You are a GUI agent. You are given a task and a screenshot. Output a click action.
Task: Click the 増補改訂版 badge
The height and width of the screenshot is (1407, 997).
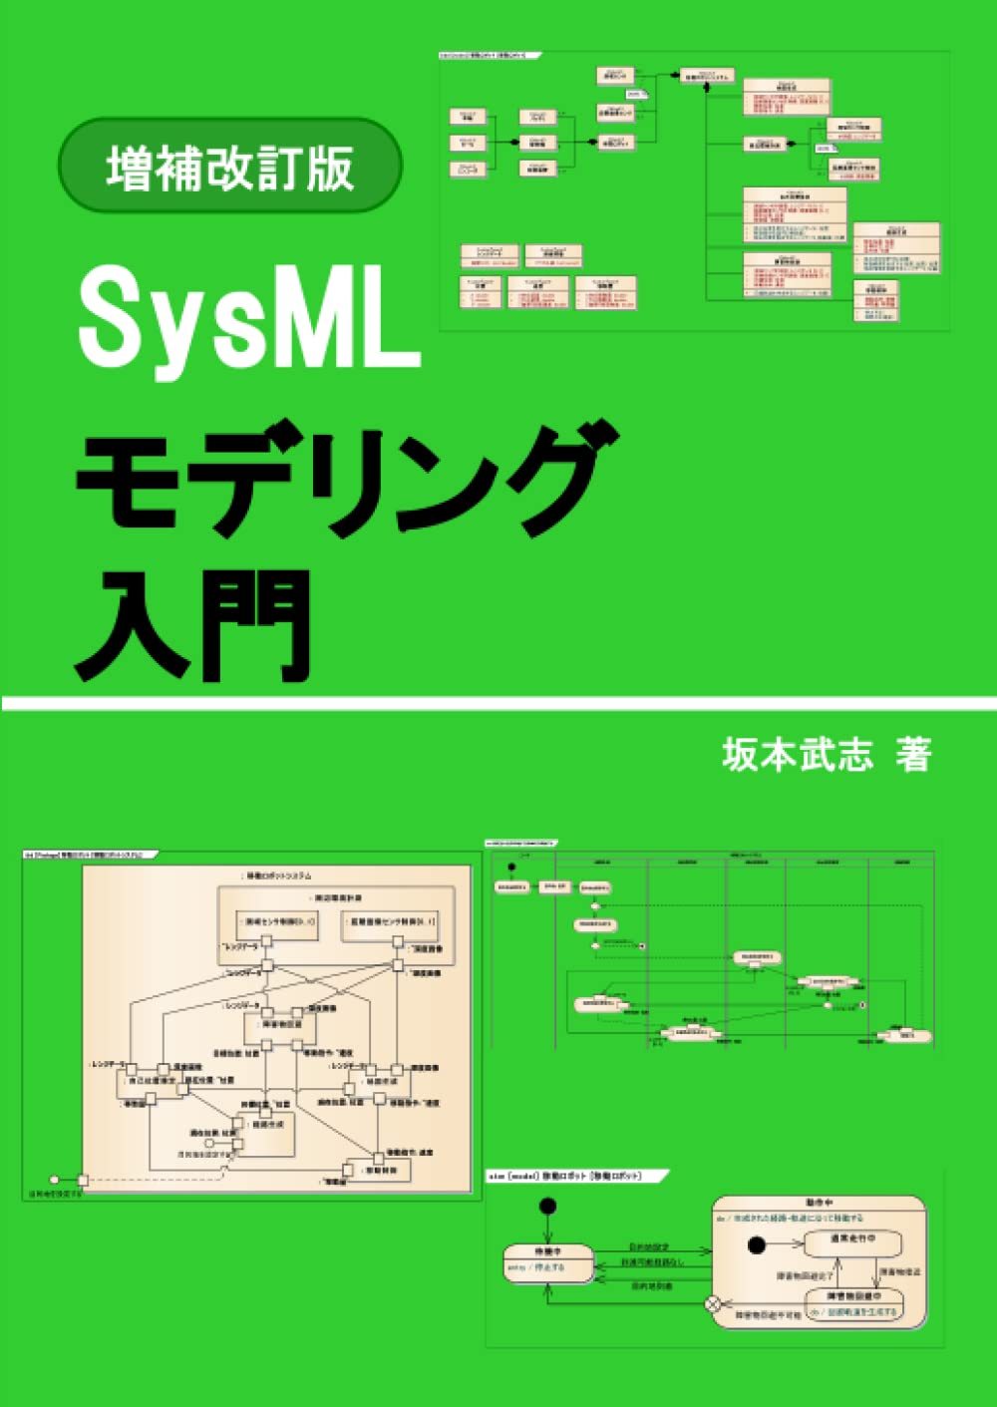(230, 166)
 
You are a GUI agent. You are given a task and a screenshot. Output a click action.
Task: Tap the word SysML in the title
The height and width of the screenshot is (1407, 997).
(249, 318)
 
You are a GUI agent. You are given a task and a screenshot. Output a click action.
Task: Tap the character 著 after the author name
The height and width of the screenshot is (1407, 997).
(912, 755)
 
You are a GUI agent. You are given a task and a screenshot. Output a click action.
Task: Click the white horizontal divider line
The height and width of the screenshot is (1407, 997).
(498, 704)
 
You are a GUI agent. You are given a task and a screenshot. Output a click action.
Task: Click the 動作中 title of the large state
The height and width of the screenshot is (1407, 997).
(818, 1204)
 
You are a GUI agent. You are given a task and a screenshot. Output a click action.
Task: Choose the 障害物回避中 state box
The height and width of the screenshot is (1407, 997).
(852, 1302)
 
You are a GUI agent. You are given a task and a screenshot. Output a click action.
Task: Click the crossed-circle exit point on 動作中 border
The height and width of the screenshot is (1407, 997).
(713, 1303)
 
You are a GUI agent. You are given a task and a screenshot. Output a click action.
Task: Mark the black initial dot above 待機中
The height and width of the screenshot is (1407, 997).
(546, 1207)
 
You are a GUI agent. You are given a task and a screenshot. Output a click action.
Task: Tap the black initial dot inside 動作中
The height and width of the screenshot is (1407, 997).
(757, 1244)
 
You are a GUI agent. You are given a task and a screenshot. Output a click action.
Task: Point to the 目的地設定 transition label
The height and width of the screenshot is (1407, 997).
(650, 1246)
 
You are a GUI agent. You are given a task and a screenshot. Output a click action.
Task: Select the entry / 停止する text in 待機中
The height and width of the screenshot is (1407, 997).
(538, 1268)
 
